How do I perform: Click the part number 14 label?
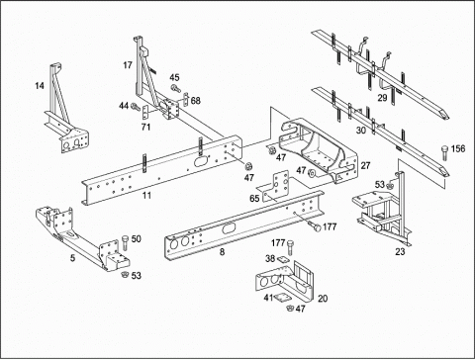[40, 86]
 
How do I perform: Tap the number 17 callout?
[128, 65]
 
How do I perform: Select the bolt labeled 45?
[176, 88]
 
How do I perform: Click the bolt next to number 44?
[136, 107]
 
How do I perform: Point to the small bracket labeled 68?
[186, 99]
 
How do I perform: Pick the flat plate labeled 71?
[145, 113]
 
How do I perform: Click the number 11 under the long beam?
[146, 195]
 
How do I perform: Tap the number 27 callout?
[365, 165]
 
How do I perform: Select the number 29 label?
[382, 98]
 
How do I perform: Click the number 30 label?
[361, 131]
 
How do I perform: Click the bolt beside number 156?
[444, 152]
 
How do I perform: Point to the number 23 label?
[400, 252]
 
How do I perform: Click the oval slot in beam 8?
[229, 228]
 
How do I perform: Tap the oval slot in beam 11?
[201, 161]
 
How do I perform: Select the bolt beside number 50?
[126, 243]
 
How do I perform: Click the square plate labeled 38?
[283, 260]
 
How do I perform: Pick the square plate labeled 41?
[281, 298]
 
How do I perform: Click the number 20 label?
[323, 299]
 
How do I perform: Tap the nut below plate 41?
[290, 309]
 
